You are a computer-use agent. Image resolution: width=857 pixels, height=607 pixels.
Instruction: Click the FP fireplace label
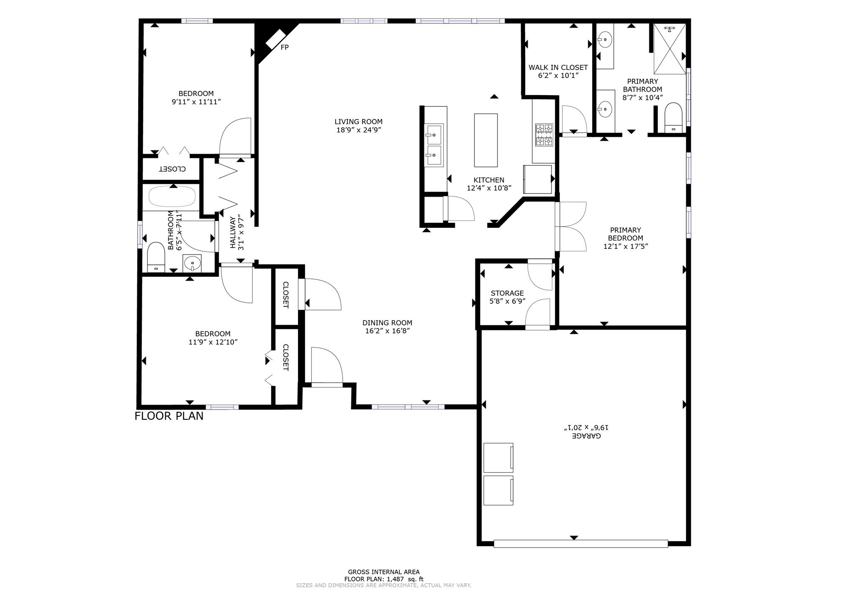[x=285, y=47]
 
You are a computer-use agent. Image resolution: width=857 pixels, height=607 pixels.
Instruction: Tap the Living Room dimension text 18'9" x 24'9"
[x=359, y=130]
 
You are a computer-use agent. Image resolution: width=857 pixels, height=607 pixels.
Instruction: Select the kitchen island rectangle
[x=486, y=140]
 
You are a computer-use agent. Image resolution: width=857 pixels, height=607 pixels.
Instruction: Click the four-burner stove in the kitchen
[x=544, y=135]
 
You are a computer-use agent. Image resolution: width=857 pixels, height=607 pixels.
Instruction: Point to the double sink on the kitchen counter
[x=434, y=145]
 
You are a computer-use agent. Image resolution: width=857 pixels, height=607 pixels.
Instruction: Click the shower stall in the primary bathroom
[x=670, y=49]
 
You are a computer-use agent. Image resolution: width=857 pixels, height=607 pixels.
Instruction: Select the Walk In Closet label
[x=558, y=67]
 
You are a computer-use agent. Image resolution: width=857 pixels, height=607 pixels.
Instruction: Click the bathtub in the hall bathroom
[x=172, y=196]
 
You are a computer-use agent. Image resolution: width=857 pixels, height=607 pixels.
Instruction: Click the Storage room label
[x=507, y=293]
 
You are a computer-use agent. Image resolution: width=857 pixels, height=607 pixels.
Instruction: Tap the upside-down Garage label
[x=586, y=436]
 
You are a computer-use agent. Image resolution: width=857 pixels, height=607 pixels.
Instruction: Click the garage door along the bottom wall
[x=580, y=544]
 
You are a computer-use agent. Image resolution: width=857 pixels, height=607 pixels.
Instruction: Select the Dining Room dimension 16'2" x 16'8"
[x=387, y=331]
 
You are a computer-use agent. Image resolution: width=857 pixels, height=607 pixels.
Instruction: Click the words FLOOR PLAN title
[x=169, y=416]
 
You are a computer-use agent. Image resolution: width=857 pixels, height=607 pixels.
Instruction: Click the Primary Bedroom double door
[x=571, y=227]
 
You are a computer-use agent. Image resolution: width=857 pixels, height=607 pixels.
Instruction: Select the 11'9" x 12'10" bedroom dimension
[x=213, y=342]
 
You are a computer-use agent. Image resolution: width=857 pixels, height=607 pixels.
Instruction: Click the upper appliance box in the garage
[x=498, y=457]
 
